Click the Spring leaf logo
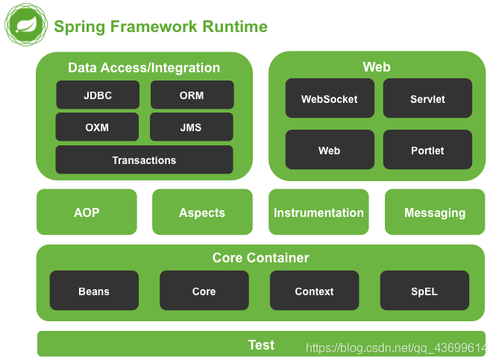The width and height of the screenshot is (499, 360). click(x=24, y=26)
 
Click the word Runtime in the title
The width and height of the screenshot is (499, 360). click(x=234, y=27)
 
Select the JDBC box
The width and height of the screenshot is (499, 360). click(x=98, y=95)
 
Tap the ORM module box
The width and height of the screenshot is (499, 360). click(x=192, y=95)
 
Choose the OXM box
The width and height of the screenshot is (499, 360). click(x=97, y=127)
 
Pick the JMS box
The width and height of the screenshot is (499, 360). click(x=191, y=127)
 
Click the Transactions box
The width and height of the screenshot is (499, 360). click(x=144, y=160)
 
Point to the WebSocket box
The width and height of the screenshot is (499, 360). click(x=329, y=98)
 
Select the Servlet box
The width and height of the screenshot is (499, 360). click(x=427, y=98)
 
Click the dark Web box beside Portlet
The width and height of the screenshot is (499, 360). click(x=329, y=150)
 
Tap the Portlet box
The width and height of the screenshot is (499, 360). click(x=427, y=150)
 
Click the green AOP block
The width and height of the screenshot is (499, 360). click(x=87, y=212)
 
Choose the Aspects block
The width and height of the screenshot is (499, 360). click(x=201, y=212)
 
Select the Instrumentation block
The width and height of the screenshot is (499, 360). click(x=318, y=212)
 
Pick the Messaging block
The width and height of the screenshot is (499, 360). click(x=435, y=212)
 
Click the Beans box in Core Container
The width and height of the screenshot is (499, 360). click(x=94, y=291)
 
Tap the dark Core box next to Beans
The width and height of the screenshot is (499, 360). click(x=204, y=291)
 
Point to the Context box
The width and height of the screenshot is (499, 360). click(x=314, y=291)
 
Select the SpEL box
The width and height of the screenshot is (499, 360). click(x=424, y=291)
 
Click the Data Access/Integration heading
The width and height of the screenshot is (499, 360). click(x=144, y=68)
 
